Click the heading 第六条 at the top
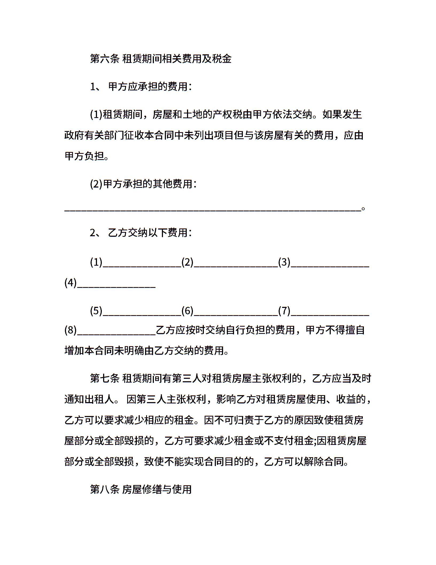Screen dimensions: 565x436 (x=104, y=59)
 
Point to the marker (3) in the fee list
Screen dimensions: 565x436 (x=284, y=262)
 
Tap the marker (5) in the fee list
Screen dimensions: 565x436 (x=96, y=311)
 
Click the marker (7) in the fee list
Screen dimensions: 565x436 (x=284, y=311)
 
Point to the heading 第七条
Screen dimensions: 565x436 (x=104, y=379)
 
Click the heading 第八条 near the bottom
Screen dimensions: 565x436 (x=104, y=489)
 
